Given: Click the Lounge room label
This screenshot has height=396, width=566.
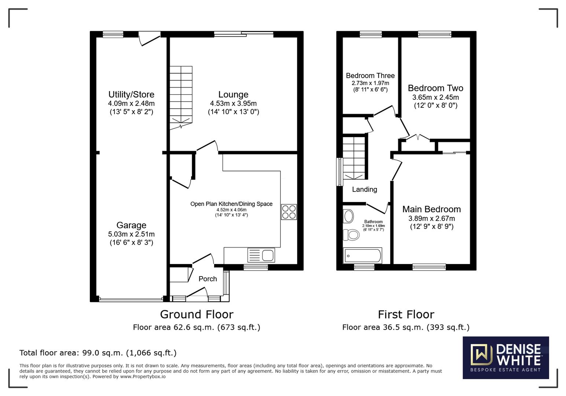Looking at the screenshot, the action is pos(233,95).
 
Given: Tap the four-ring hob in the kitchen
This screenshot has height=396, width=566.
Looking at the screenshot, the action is pos(289,212).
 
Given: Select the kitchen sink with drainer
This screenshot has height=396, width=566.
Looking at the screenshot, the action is pos(261,255).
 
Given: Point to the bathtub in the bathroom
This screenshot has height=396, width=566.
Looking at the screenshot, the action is pos(363,256).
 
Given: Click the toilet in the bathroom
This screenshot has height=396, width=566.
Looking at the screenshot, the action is pos(351,235).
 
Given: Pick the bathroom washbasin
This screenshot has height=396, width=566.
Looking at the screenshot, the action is pos(349,216).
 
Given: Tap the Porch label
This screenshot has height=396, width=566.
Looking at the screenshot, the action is pos(208,279).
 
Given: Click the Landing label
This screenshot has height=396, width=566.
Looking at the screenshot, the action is pos(365,190).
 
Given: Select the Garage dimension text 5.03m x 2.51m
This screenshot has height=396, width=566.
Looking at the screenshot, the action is pos(131,234).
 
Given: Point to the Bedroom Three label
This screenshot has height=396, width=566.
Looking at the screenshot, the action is pos(370,76).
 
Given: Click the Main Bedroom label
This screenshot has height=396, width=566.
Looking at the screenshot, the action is pos(431,209).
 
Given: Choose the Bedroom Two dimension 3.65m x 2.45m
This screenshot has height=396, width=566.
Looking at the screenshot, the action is pos(435,97).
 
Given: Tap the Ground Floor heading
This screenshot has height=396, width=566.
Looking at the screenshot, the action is pos(196,314).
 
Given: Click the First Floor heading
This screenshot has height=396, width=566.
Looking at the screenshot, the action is pos(406,315).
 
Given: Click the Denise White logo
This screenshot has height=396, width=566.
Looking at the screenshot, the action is pos(506,357).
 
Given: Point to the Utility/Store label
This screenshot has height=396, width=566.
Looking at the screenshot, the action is pos(131,95).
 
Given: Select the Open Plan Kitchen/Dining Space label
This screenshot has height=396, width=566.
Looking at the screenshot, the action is pos(231,204).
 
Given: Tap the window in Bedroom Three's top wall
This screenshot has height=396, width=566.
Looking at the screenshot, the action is pos(371,34).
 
